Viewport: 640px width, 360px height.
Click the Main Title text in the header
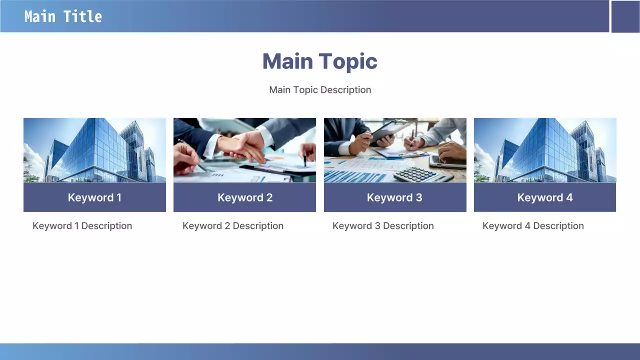point(63,16)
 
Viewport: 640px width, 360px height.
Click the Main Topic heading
point(320,61)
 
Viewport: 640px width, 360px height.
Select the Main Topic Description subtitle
point(320,89)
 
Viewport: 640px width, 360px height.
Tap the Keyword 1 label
point(94,197)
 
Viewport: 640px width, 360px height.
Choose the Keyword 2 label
point(245,197)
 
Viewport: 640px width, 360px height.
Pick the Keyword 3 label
point(394,197)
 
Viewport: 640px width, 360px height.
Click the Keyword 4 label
point(545,197)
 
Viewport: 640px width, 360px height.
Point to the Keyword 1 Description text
point(82,225)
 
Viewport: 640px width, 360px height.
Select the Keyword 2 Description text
point(233,225)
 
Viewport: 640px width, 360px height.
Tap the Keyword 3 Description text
point(383,225)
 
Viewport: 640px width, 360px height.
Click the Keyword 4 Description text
point(533,225)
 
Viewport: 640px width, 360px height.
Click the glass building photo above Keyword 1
point(94,150)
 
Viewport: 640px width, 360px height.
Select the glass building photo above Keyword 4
point(545,150)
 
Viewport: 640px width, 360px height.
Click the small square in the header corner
point(625,16)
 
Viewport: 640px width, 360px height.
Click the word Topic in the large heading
point(348,61)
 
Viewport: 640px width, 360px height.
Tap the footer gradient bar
point(320,351)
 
